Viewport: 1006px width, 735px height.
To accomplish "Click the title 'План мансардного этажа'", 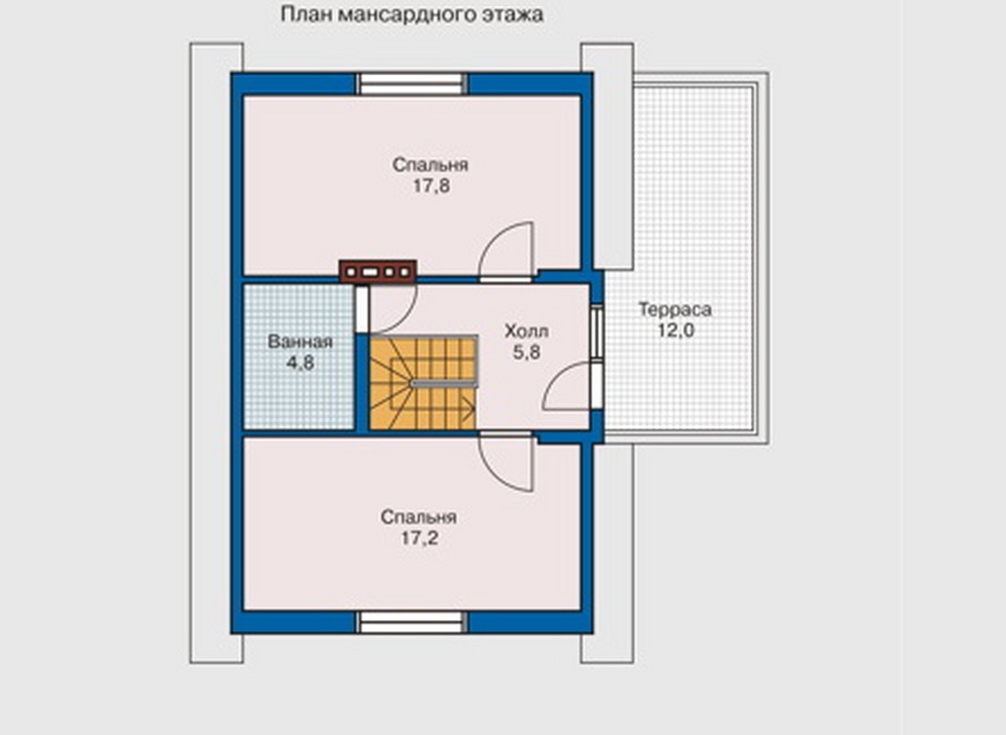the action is [412, 15].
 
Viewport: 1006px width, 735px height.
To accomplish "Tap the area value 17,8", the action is [432, 186].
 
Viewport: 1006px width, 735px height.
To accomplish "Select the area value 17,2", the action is [420, 538].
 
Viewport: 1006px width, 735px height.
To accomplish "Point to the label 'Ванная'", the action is [300, 341].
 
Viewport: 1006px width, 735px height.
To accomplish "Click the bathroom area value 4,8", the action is [300, 363].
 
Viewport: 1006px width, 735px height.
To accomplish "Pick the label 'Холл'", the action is [526, 332].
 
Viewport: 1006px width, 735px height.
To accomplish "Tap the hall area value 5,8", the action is [526, 352].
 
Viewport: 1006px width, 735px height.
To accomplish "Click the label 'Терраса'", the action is [675, 309].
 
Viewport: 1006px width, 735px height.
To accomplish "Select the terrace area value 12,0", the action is [676, 331].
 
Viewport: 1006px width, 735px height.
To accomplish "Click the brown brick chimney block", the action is [378, 271].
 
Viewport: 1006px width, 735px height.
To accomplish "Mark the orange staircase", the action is [424, 383].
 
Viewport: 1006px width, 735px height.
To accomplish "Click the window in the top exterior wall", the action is [411, 84].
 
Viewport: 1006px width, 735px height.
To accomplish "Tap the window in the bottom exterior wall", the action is [411, 622].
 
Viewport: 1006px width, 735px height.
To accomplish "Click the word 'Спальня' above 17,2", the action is [418, 517].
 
